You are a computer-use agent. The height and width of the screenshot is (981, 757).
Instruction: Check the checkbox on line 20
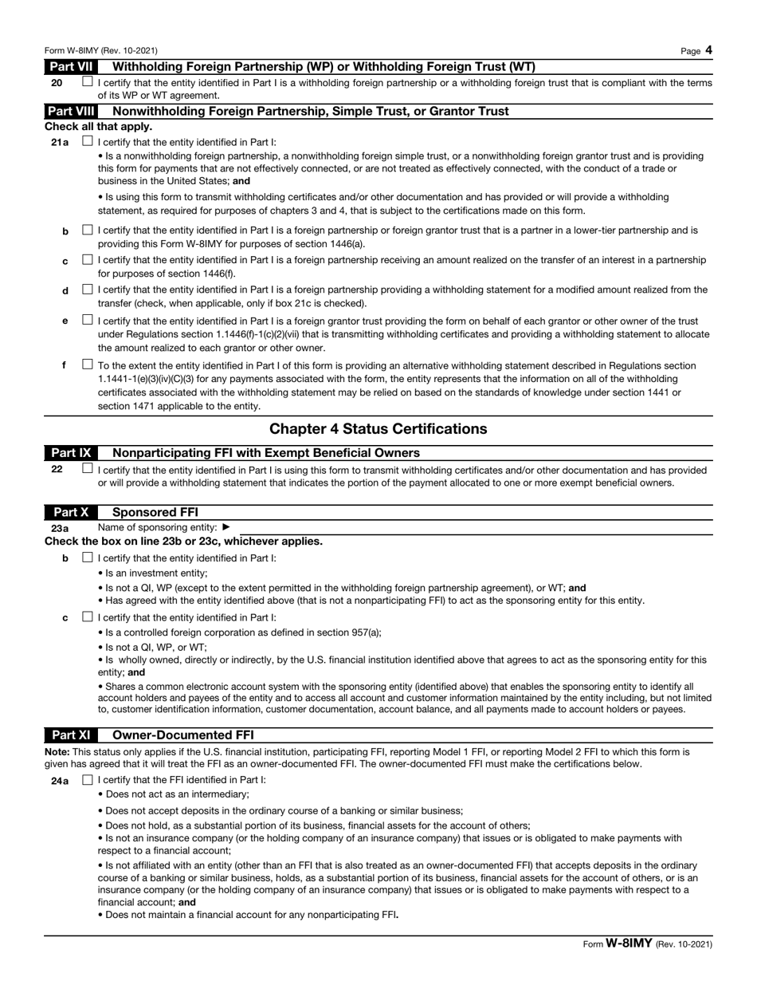(87, 82)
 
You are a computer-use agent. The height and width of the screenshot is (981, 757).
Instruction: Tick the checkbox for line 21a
(87, 141)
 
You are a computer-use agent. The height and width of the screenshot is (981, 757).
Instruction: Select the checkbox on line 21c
(87, 260)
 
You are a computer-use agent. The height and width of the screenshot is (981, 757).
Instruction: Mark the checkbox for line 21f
(87, 364)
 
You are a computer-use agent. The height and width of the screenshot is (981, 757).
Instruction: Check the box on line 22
(87, 469)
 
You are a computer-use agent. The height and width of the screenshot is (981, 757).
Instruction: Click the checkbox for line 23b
(87, 557)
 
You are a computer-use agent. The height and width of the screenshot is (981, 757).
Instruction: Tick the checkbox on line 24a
(87, 780)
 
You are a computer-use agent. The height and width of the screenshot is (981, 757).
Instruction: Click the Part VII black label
(72, 67)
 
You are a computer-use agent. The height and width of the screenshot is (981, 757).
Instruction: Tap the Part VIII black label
(72, 111)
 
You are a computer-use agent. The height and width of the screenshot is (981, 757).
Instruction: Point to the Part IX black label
(72, 453)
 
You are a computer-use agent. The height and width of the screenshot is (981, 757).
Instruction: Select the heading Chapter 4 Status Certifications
(378, 429)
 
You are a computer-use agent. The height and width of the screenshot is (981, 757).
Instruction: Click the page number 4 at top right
(708, 51)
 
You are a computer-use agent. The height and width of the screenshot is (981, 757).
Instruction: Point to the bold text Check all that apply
(98, 127)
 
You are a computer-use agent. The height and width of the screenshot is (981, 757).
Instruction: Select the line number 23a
(60, 528)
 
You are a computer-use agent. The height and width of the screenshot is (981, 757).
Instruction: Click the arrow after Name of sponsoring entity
(226, 527)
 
